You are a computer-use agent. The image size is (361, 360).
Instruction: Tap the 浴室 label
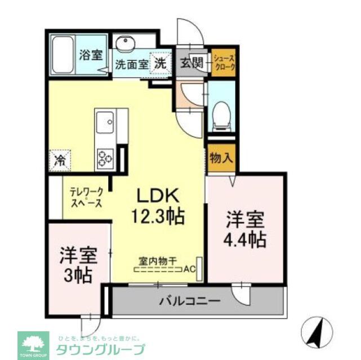[91, 55]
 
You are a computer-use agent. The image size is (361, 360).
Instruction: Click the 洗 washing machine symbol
[161, 63]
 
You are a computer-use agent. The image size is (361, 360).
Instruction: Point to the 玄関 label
[190, 62]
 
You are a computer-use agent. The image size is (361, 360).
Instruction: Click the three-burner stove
[105, 157]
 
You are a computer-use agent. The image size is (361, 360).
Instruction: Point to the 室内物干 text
[158, 260]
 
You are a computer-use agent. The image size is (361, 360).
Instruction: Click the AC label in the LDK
[189, 269]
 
